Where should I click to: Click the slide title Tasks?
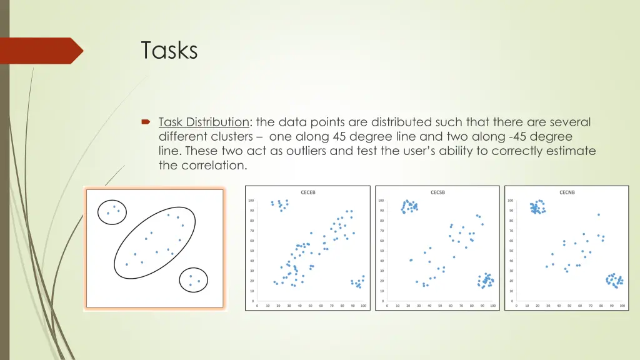[169, 51]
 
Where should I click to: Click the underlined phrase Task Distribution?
[204, 122]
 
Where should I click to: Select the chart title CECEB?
[308, 192]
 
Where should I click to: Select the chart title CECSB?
[437, 192]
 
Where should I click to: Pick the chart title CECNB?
[567, 192]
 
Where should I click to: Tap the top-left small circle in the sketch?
[112, 212]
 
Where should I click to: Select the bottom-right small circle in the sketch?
[194, 281]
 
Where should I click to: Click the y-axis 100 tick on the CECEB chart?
[251, 201]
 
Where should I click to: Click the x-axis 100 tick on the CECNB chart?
[622, 306]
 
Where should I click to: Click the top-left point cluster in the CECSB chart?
[409, 207]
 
